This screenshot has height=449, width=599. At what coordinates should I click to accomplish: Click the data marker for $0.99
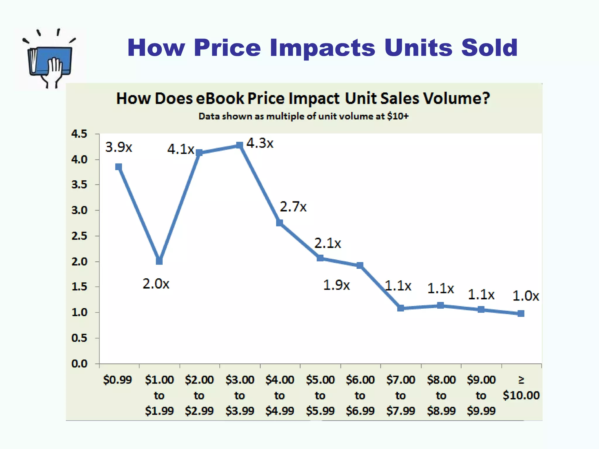pos(118,167)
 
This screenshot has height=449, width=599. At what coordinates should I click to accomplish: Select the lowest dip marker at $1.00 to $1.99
pos(159,261)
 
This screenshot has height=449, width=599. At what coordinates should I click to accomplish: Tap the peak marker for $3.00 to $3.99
pos(240,145)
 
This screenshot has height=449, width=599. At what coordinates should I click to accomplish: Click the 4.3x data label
pos(260,143)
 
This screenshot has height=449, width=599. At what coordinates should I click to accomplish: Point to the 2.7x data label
pos(293,207)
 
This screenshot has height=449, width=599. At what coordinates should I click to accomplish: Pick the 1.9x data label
pos(336,285)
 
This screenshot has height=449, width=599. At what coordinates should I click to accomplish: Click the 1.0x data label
pos(526,296)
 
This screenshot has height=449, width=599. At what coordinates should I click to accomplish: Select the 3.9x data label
pos(118,147)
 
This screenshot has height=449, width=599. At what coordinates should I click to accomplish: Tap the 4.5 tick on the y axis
pos(79,134)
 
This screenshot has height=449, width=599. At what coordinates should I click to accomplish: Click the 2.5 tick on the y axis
pos(79,236)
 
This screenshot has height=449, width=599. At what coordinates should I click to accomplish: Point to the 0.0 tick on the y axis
pos(79,364)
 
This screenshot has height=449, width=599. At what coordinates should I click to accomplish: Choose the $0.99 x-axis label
pos(118,380)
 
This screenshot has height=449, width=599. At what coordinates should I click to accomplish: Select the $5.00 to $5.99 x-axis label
pos(320,395)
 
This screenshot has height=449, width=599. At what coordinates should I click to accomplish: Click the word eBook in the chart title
pos(220,98)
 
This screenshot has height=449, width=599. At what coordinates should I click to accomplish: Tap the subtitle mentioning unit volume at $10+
pos(303,116)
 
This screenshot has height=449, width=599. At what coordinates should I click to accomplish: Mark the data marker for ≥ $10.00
pos(521,314)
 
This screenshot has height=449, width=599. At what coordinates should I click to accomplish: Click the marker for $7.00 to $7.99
pos(400,308)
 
